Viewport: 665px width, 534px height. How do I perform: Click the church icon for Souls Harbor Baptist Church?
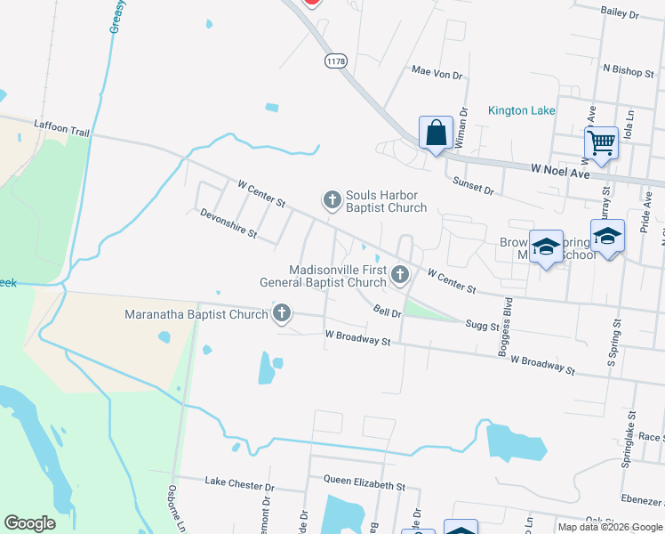332,200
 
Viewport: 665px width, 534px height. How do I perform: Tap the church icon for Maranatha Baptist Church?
282,313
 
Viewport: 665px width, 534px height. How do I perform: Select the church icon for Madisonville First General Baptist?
399,276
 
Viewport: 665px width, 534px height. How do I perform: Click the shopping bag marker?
436,134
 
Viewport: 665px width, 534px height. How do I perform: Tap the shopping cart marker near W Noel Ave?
602,142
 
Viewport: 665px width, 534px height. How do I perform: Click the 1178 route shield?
336,61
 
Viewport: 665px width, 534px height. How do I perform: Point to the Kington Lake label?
522,110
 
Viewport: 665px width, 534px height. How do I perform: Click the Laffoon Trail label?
62,131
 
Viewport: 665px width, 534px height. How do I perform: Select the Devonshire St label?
228,223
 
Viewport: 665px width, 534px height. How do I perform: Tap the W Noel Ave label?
561,169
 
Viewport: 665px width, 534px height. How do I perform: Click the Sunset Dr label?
475,187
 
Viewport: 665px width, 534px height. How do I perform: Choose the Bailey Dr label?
621,13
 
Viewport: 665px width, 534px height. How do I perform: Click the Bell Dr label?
389,311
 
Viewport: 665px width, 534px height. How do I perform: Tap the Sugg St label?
483,326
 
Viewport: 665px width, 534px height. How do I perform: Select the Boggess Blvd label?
507,325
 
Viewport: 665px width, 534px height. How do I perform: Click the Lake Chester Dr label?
240,486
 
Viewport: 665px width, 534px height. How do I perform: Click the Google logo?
30,523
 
